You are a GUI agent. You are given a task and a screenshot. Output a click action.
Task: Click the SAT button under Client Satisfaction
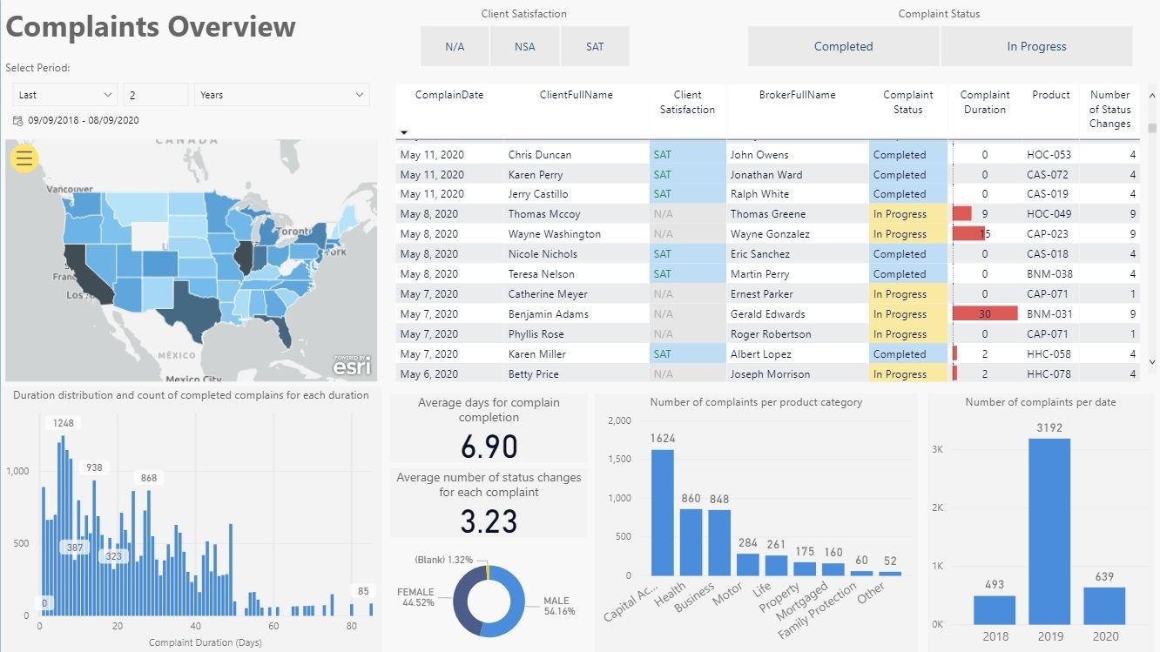[x=595, y=47]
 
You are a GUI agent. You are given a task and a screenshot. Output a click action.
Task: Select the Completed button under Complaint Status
[x=843, y=47]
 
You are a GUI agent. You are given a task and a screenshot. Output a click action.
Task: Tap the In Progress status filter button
[x=1036, y=47]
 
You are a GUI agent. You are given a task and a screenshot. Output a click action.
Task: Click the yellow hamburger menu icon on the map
[x=24, y=158]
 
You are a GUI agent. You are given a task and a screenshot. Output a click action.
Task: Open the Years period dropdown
[x=282, y=95]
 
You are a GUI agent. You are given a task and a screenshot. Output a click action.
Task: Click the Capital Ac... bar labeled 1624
[x=663, y=512]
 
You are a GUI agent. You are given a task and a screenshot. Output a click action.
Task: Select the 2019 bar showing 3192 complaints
[x=1049, y=531]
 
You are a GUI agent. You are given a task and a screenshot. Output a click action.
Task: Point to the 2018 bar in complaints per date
[x=995, y=609]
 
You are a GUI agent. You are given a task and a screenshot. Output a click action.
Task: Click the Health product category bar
[x=691, y=541]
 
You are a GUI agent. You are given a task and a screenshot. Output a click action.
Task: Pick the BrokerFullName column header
[x=797, y=95]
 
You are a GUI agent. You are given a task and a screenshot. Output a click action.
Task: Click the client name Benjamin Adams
[x=549, y=314]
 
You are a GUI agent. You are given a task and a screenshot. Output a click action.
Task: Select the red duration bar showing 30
[x=985, y=314]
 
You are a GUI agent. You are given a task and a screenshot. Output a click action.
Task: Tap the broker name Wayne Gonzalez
[x=770, y=234]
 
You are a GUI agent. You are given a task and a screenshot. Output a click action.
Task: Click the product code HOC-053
[x=1049, y=155]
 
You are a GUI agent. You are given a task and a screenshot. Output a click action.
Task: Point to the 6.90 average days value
[x=489, y=447]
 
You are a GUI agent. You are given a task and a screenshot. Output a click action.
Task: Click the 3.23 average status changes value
[x=489, y=521]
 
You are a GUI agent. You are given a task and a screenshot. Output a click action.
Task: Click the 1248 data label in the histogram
[x=64, y=423]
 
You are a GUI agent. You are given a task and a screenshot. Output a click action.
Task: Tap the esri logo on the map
[x=352, y=366]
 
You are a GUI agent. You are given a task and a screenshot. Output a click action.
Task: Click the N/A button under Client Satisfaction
[x=455, y=47]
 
